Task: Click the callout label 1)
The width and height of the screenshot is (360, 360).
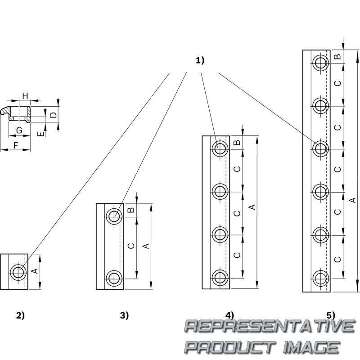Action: coord(200,60)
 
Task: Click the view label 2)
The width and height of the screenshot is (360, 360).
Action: coord(20,315)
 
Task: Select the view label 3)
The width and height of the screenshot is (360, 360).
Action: coord(124,315)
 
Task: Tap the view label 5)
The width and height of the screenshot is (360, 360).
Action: coord(331,315)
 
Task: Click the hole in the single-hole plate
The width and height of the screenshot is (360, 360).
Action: coord(19,272)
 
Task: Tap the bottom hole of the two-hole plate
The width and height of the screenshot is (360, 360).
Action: coord(114,278)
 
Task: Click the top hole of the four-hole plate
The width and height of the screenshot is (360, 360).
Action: coord(220,148)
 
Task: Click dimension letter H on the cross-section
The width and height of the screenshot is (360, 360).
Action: coord(25,96)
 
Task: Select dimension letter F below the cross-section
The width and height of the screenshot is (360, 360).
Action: coord(16,145)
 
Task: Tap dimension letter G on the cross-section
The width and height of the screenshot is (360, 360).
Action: coord(19,130)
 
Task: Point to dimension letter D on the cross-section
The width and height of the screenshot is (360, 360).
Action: coord(53,115)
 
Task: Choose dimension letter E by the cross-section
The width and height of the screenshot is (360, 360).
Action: coord(40,134)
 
